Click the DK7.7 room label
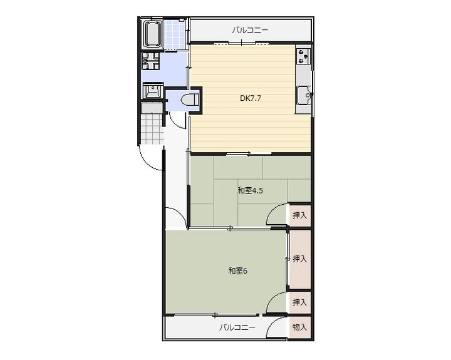(251, 98)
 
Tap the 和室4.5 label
(250, 190)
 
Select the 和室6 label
(238, 271)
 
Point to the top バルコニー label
(250, 30)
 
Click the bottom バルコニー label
(237, 327)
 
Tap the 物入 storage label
(299, 327)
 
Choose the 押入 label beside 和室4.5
(299, 215)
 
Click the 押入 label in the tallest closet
(299, 259)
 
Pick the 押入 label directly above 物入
(299, 302)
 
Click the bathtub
(152, 34)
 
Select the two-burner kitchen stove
(304, 56)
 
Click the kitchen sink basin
(304, 95)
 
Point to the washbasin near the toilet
(152, 91)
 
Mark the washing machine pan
(150, 61)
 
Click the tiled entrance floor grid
(152, 128)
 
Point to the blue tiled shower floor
(174, 34)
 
